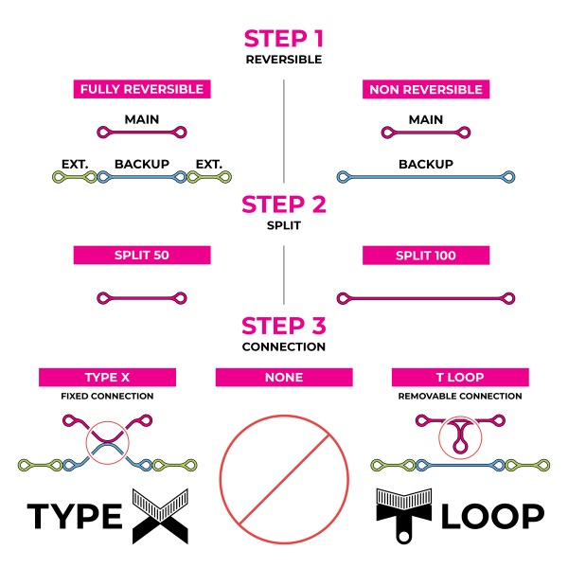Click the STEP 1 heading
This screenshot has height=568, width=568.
(284, 38)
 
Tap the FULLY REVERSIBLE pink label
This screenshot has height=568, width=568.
(142, 90)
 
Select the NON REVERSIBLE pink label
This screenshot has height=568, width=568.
(426, 90)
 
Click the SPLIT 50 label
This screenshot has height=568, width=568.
(142, 256)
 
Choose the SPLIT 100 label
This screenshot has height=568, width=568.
(426, 256)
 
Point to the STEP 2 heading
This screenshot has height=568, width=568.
(284, 204)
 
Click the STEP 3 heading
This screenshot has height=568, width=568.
(284, 327)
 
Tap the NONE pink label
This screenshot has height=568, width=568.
(284, 378)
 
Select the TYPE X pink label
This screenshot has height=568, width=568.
(106, 378)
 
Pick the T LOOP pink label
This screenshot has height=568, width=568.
(461, 378)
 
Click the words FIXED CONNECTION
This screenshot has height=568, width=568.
(106, 396)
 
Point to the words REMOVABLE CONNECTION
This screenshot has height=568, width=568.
(461, 396)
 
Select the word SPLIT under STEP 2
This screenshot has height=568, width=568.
(284, 224)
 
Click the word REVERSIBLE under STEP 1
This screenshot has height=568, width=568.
(284, 59)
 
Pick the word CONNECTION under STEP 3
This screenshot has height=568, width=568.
(284, 347)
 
